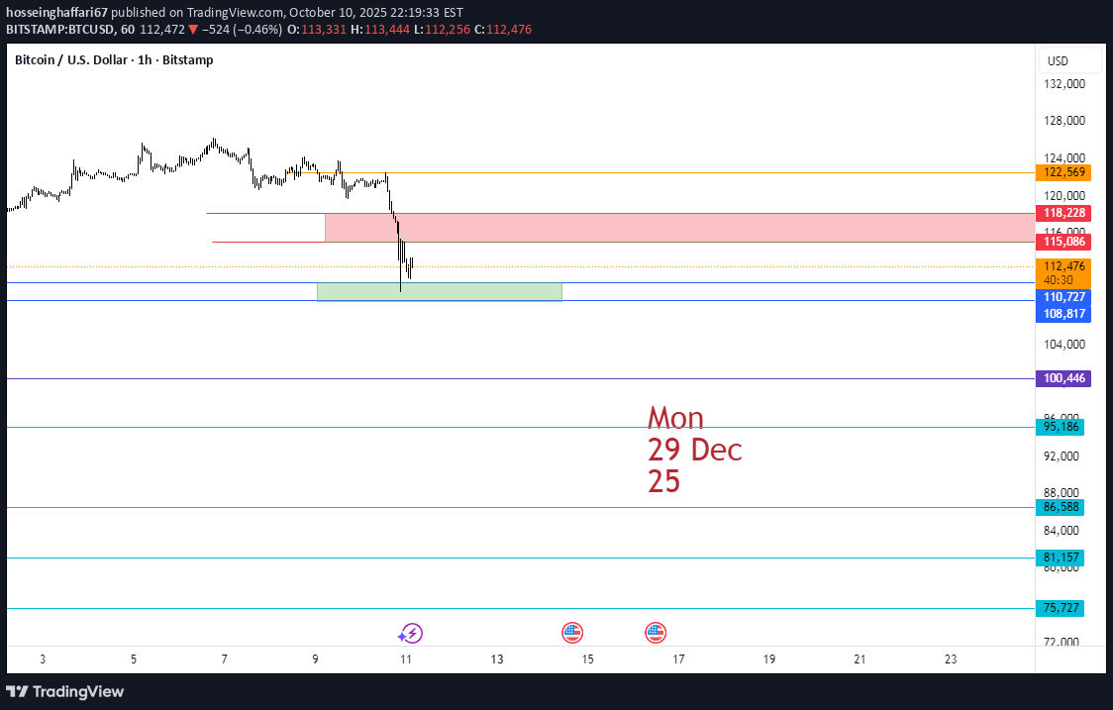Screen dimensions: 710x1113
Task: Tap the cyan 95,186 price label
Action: [1060, 427]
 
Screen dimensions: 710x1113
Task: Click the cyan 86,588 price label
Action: [1060, 507]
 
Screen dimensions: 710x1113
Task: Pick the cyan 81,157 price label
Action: [1060, 558]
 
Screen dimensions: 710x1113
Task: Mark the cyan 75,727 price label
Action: [1060, 608]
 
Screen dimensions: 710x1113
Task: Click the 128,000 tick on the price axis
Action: [1064, 121]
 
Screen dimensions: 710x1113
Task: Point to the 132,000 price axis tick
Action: [1064, 84]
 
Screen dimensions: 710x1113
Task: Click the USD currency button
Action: [1058, 61]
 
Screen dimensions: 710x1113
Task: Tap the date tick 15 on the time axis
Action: [588, 659]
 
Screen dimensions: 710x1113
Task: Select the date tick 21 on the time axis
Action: [860, 659]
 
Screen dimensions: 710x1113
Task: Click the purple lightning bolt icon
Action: [410, 633]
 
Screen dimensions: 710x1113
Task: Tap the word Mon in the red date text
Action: [675, 418]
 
